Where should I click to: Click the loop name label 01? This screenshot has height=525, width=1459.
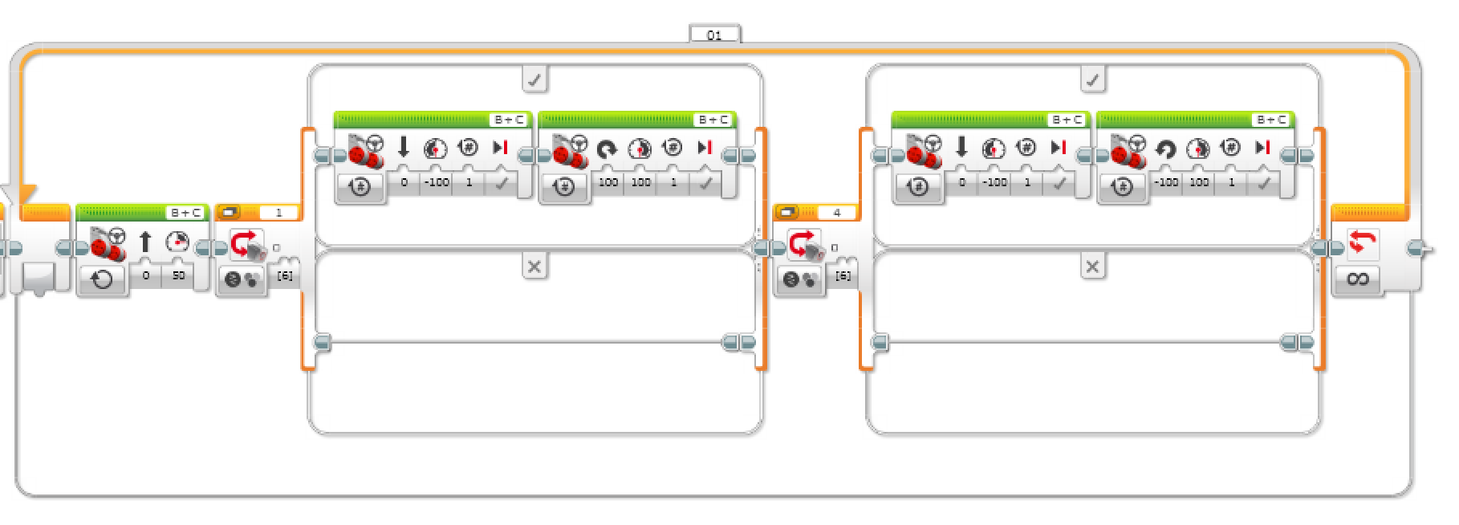714,35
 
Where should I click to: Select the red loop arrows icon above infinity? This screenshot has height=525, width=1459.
1358,242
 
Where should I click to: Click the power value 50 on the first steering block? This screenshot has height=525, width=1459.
178,275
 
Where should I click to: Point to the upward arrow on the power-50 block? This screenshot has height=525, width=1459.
145,241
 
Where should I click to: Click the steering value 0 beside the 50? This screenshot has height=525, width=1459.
146,275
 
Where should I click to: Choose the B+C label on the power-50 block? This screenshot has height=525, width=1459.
186,213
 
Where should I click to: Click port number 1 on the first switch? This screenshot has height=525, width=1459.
278,213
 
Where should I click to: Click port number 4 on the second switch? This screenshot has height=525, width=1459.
837,213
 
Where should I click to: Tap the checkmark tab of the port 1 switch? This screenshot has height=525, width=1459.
534,79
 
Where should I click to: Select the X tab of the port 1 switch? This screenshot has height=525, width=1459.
534,266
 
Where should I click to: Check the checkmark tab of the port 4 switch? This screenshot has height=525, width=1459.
1092,79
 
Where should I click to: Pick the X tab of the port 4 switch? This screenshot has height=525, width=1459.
1092,266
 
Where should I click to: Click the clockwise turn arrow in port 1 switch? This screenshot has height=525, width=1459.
607,149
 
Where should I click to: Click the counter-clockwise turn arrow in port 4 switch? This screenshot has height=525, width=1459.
1165,149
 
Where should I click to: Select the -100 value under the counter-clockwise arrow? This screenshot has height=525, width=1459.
1166,182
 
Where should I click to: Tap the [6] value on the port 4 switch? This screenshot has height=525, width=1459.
843,275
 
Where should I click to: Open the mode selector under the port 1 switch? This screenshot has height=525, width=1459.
242,280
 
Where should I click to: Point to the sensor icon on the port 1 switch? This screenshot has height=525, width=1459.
246,244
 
